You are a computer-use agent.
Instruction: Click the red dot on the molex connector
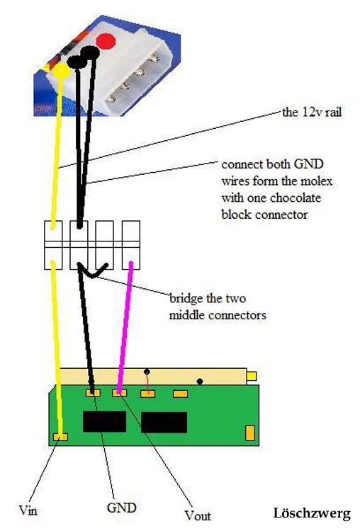[x=106, y=42]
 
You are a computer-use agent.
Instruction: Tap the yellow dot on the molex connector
[x=61, y=71]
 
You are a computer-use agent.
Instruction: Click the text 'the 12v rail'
[x=312, y=112]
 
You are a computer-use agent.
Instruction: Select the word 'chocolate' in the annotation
[x=296, y=198]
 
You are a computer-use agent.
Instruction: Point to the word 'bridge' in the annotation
[x=185, y=299]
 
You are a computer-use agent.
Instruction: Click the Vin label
[x=28, y=510]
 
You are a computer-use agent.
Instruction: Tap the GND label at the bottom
[x=121, y=508]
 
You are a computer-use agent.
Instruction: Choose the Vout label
[x=198, y=515]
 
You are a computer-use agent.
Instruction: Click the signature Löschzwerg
[x=312, y=513]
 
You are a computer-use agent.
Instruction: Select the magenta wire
[x=125, y=328]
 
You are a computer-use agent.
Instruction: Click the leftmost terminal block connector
[x=53, y=245]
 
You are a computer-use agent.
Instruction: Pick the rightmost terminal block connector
[x=131, y=245]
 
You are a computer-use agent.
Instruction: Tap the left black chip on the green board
[x=104, y=421]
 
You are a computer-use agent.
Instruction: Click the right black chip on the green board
[x=164, y=422]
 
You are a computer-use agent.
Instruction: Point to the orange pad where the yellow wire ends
[x=60, y=437]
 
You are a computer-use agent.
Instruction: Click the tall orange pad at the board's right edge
[x=250, y=433]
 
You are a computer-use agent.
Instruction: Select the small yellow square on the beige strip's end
[x=252, y=376]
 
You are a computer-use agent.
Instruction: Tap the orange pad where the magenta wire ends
[x=119, y=393]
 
